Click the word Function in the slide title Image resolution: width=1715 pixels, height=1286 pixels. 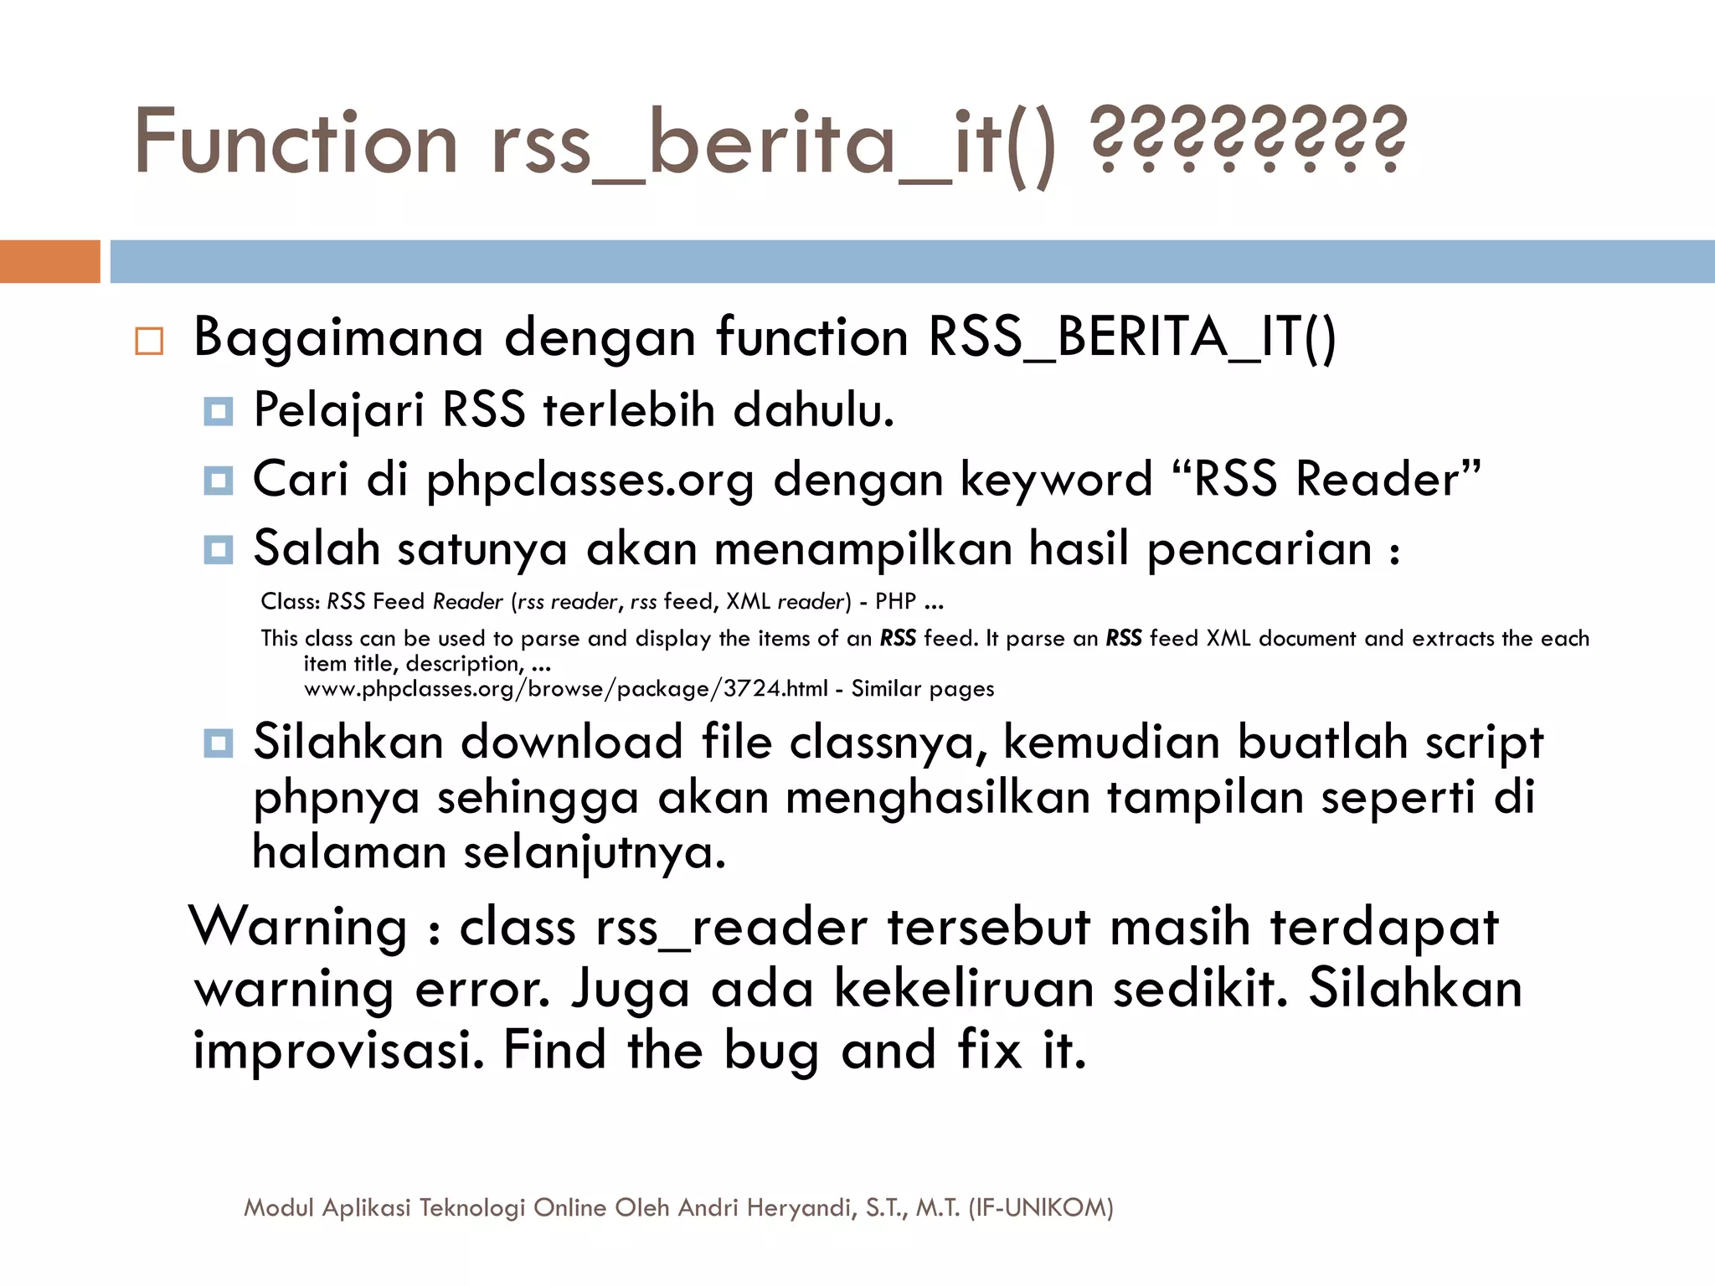coord(296,142)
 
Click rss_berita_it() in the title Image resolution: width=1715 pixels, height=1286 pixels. coord(774,144)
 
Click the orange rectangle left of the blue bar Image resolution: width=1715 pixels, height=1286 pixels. coord(49,261)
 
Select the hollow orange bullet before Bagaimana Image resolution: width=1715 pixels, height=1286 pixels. coord(149,342)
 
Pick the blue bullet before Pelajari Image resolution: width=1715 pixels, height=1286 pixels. coord(218,412)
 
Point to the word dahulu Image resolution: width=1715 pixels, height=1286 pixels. coord(813,410)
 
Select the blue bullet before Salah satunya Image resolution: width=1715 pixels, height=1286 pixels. coord(218,550)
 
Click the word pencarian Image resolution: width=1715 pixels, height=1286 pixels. coord(1259,550)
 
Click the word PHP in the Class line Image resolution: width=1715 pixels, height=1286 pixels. coord(895,601)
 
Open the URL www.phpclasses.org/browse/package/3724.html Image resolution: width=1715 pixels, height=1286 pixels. coord(565,689)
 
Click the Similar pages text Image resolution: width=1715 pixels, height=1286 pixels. coord(923,689)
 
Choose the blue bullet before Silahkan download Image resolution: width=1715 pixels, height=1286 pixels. coord(218,743)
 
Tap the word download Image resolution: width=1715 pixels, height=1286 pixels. coord(572,743)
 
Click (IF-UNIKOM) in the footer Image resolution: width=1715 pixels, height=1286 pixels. coord(1040,1207)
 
